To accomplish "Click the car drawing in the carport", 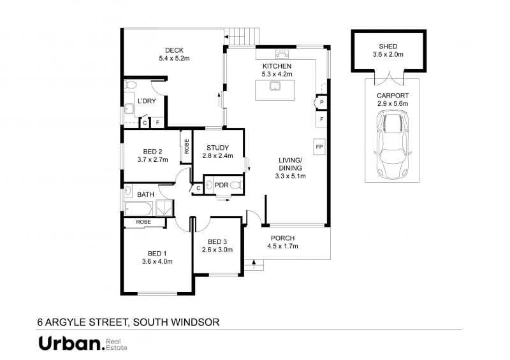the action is tap(393, 145).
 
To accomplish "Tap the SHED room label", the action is tap(388, 47).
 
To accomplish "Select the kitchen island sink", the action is tap(275, 86).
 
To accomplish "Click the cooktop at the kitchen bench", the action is tap(282, 54).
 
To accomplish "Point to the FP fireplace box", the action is tap(319, 147).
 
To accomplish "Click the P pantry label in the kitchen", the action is tap(322, 103).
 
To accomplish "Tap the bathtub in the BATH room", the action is tap(138, 208).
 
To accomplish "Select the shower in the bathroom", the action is tap(164, 208).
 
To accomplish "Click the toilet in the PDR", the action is tap(237, 185).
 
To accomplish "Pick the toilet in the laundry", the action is tap(131, 85).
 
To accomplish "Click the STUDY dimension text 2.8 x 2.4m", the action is tap(217, 155).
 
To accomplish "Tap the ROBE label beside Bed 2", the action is tap(186, 147).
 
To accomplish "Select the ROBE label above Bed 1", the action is tap(143, 222).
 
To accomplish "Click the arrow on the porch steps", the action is tap(254, 263).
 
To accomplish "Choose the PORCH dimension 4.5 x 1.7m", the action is tap(282, 246).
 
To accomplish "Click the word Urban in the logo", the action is tap(69, 343).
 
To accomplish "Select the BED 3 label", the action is tap(217, 241).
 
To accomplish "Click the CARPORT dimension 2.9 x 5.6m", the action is tap(393, 104).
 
